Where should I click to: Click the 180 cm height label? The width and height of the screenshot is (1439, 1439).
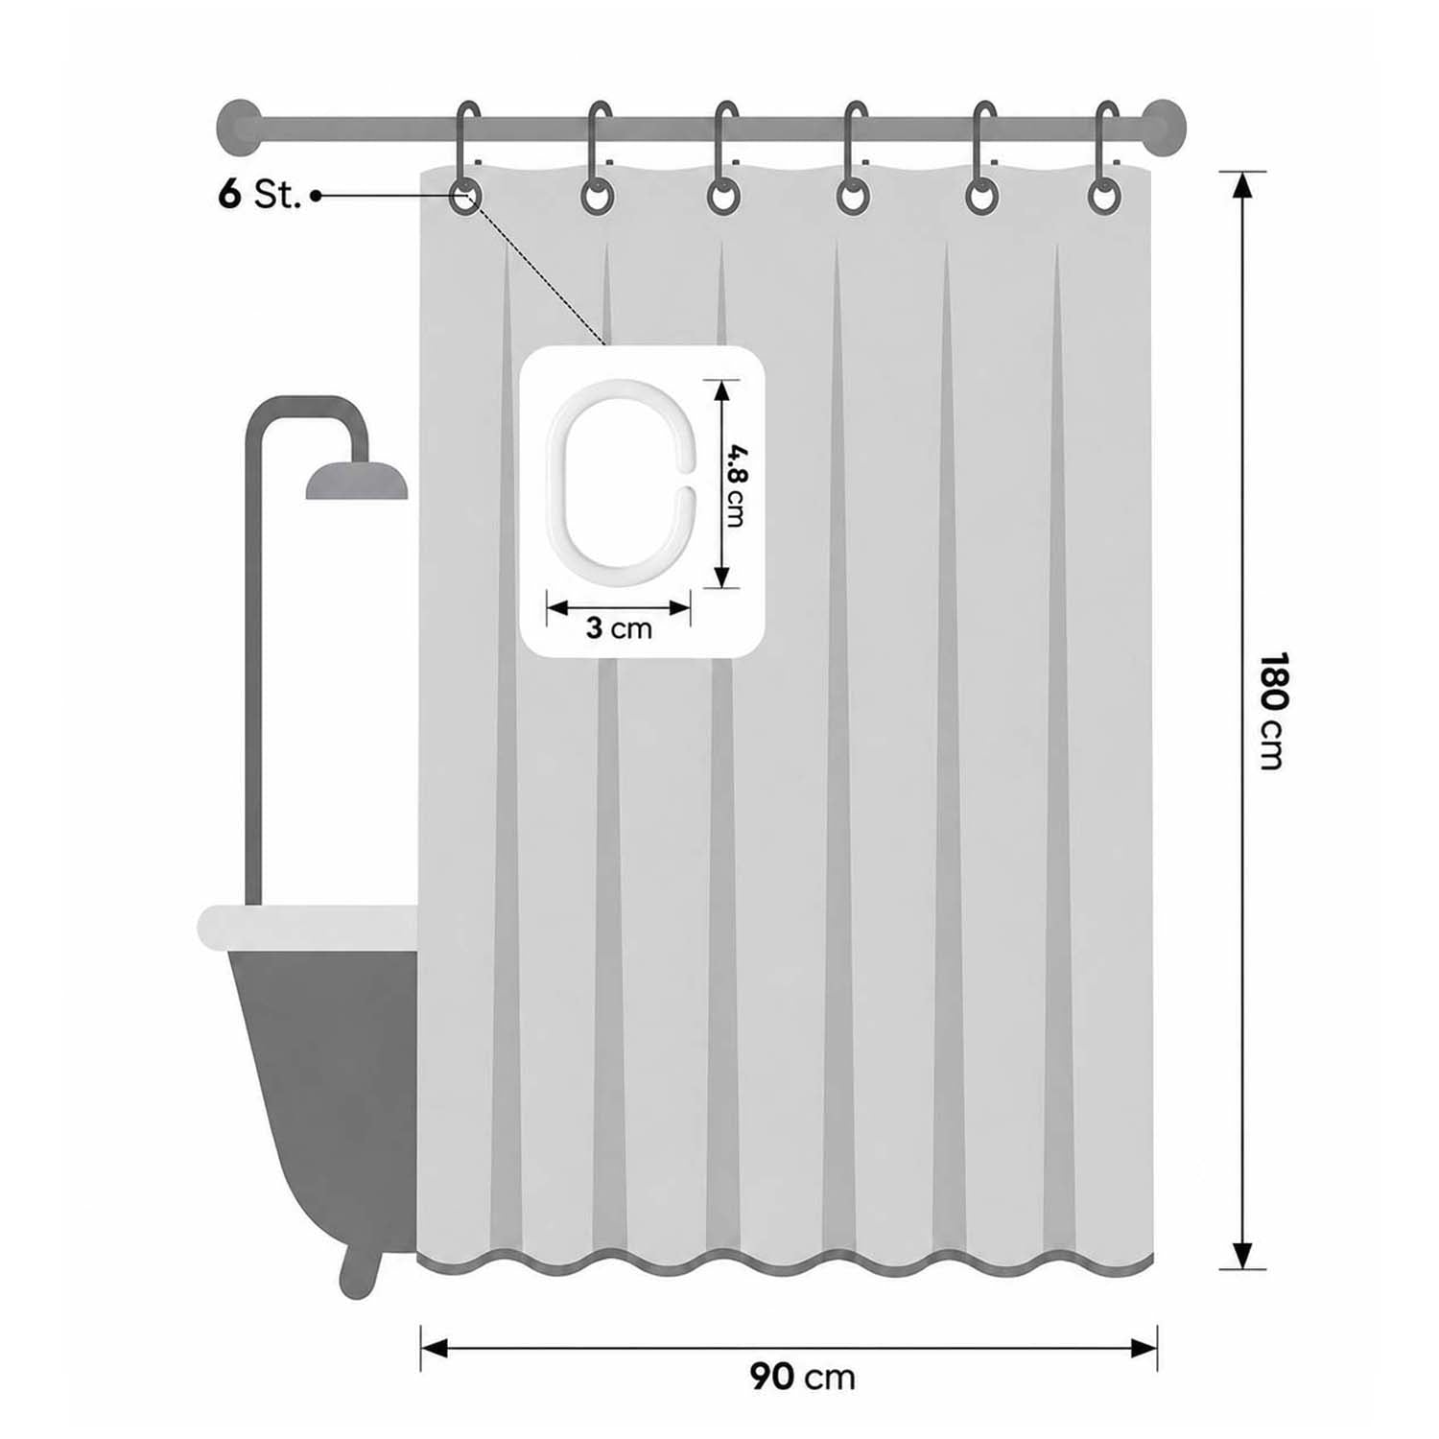click(x=1270, y=711)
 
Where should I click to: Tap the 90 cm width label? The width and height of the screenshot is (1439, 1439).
click(x=802, y=1378)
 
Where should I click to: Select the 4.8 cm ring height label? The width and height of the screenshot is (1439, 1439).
click(x=734, y=484)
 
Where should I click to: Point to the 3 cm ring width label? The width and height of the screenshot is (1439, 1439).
click(x=619, y=629)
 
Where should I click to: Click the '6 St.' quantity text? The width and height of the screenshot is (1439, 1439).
click(x=259, y=195)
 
